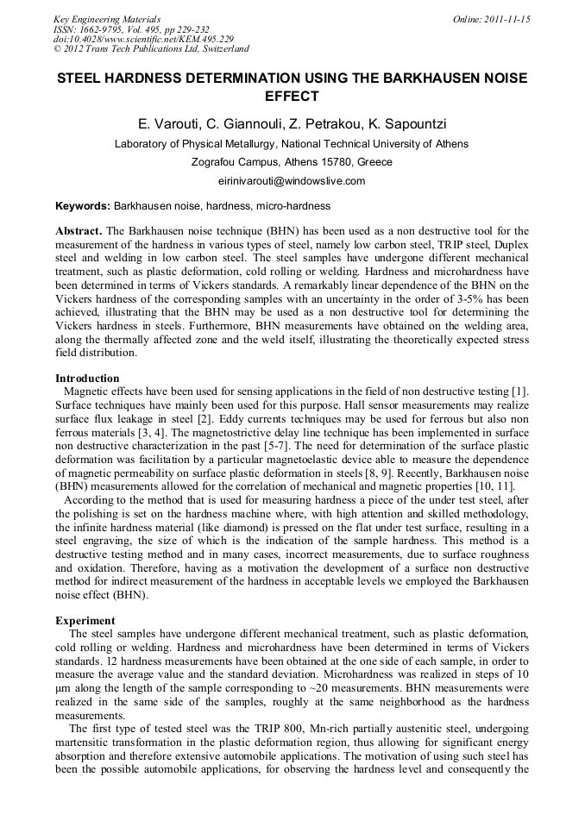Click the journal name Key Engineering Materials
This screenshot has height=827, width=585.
point(107,19)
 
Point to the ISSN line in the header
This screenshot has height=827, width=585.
point(126,29)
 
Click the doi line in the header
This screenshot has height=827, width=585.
point(143,40)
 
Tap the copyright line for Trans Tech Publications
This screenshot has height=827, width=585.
point(151,50)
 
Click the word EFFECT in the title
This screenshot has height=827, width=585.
point(292,97)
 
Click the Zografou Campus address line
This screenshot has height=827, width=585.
point(292,162)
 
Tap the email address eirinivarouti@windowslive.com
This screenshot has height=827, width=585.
point(292,181)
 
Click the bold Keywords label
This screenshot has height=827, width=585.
point(83,207)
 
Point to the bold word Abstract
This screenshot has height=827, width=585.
point(79,232)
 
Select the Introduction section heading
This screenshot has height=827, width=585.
point(87,379)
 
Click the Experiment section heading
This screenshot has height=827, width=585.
point(85,620)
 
